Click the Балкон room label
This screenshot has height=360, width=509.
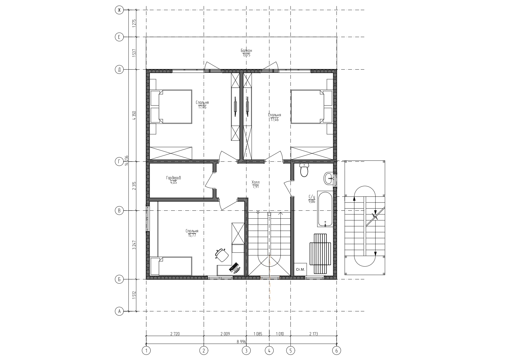(x=246, y=50)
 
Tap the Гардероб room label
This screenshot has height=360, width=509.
(x=174, y=178)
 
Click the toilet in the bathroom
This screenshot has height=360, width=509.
(x=304, y=170)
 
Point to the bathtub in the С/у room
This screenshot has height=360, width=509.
(x=325, y=209)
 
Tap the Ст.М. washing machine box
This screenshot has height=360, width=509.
(x=300, y=269)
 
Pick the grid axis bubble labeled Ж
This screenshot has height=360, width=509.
(x=119, y=10)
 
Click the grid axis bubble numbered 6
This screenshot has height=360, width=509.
(x=337, y=351)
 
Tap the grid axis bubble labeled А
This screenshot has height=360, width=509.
(x=119, y=312)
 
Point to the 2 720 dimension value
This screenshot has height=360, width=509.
(x=175, y=334)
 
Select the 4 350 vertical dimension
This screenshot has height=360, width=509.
(x=134, y=115)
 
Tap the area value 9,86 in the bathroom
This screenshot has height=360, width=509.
(x=312, y=201)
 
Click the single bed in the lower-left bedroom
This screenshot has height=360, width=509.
(x=171, y=266)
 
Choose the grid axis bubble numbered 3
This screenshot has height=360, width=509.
(x=246, y=351)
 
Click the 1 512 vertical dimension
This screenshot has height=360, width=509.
(x=134, y=295)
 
